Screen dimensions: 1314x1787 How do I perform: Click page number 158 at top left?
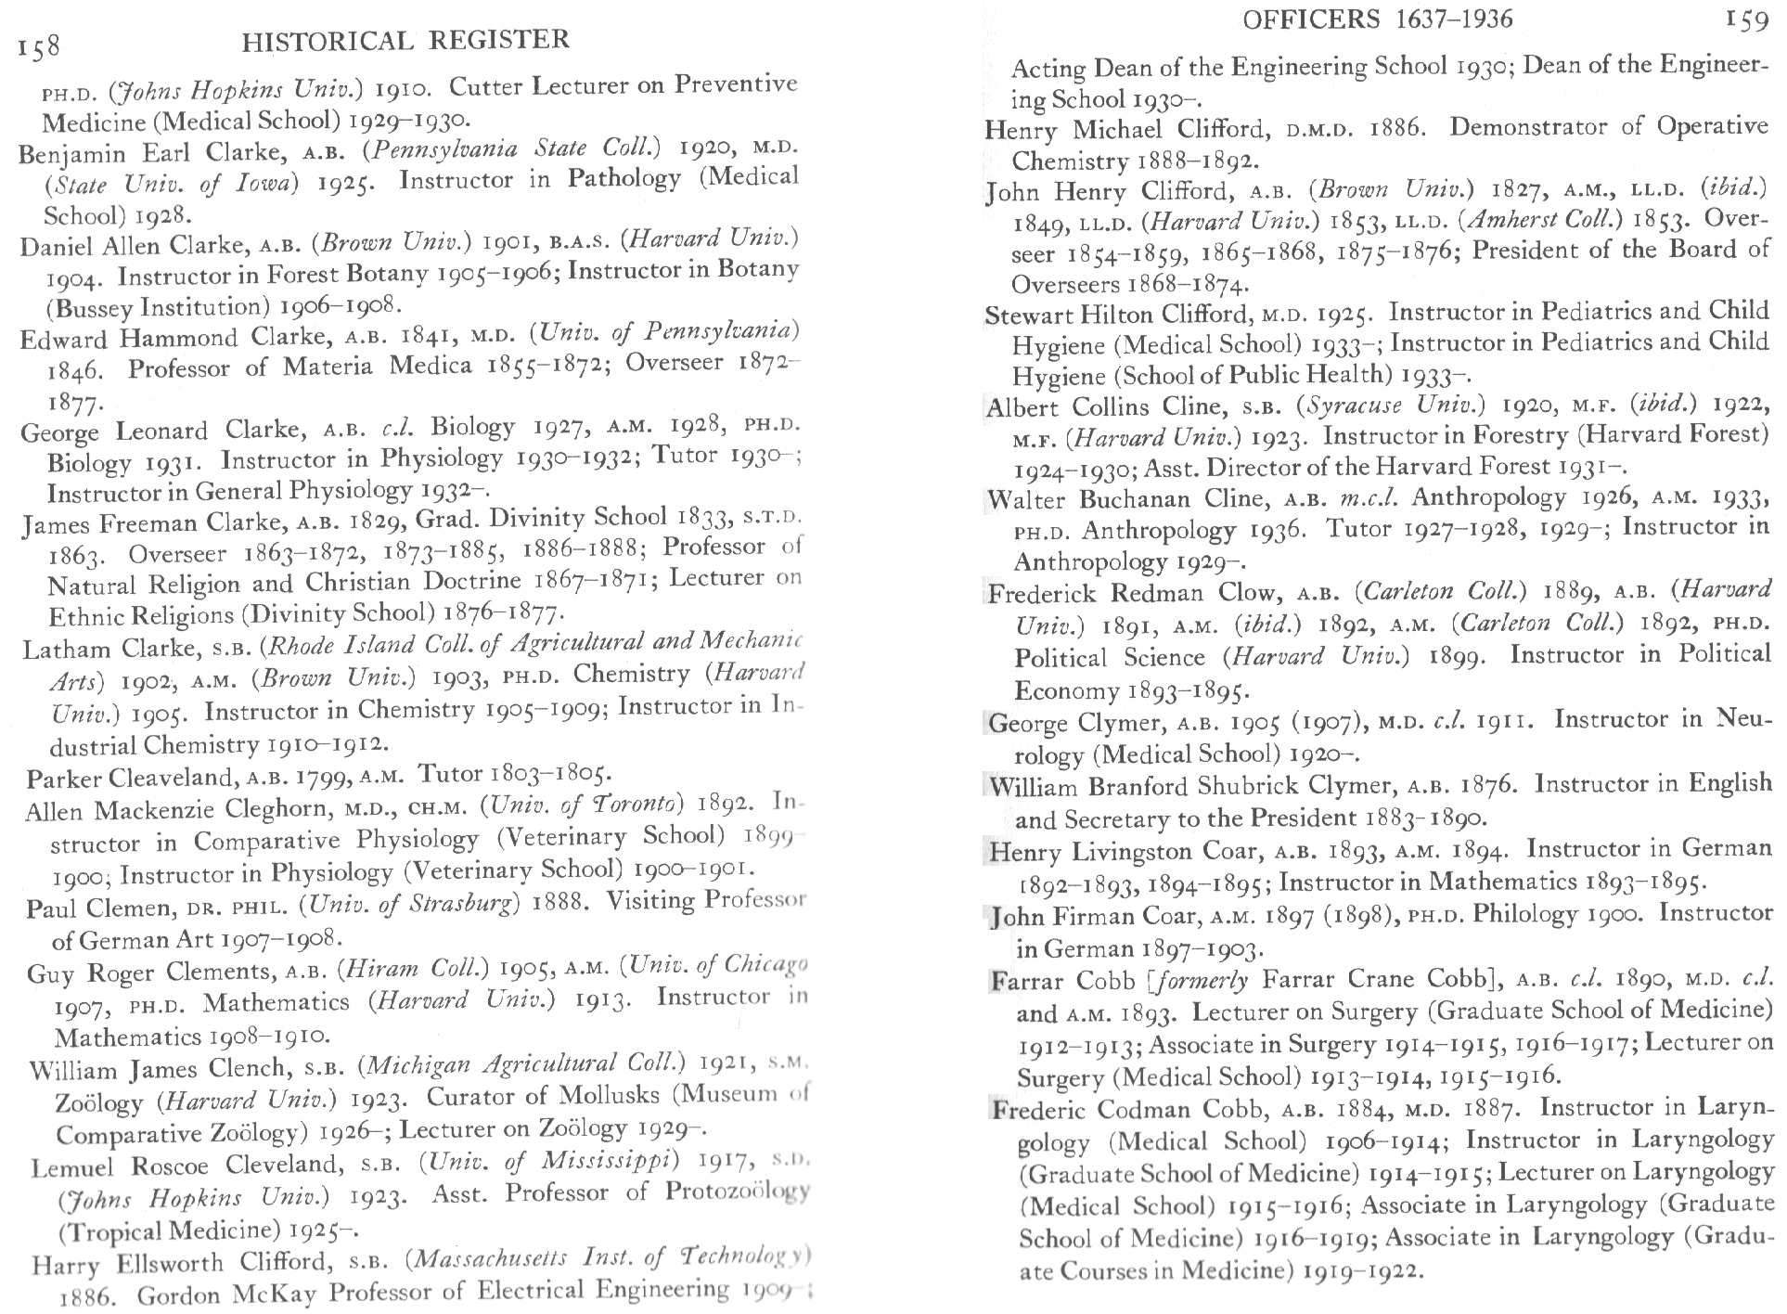pyautogui.click(x=39, y=46)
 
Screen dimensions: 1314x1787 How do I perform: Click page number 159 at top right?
pyautogui.click(x=1747, y=20)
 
